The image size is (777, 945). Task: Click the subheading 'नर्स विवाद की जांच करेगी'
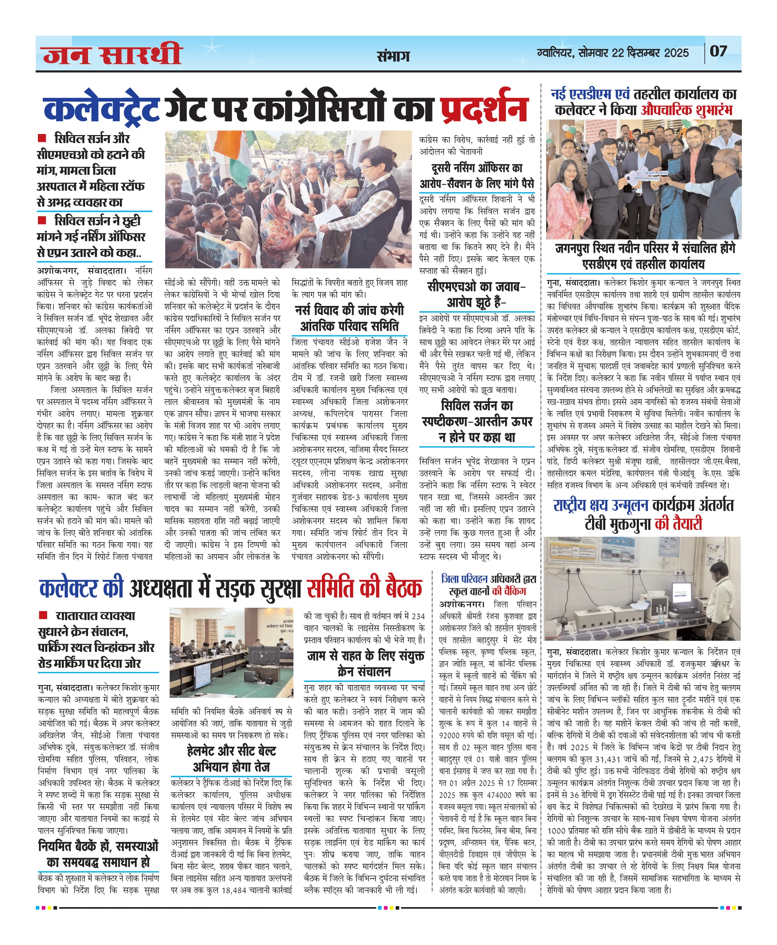click(349, 310)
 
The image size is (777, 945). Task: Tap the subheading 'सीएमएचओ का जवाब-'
click(477, 287)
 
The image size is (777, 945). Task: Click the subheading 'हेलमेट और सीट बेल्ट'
click(231, 751)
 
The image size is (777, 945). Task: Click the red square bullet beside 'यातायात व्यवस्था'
click(43, 615)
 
